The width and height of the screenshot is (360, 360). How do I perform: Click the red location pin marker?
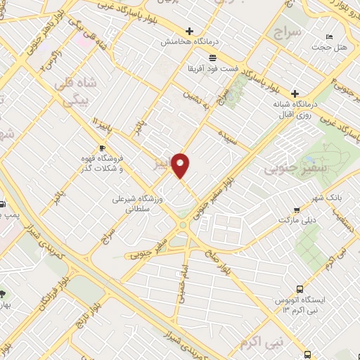click(x=181, y=165)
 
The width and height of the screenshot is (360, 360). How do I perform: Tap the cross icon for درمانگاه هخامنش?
click(x=188, y=31)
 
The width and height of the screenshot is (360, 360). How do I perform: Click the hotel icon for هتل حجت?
click(x=328, y=37)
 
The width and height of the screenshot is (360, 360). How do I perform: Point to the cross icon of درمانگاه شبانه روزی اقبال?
click(x=295, y=94)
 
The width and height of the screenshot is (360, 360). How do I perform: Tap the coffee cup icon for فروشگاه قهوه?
click(x=103, y=148)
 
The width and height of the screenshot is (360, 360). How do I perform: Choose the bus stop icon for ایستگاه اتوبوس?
click(x=300, y=288)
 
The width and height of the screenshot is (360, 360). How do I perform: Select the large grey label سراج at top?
click(x=288, y=32)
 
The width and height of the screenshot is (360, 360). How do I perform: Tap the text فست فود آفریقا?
click(x=212, y=71)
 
